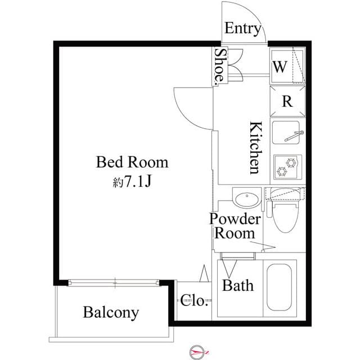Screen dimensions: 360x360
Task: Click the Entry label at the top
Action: click(243, 29)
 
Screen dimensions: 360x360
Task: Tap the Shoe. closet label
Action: click(220, 66)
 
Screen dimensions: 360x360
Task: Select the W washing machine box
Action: click(287, 66)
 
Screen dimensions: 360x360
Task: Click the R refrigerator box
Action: click(287, 101)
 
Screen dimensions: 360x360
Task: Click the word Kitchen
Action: click(254, 147)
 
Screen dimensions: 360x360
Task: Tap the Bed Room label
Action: click(132, 163)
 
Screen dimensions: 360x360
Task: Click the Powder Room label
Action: click(235, 226)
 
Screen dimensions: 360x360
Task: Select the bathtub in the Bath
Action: click(279, 286)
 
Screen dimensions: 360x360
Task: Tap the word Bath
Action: click(237, 285)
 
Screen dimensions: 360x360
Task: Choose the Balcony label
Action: click(111, 312)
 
